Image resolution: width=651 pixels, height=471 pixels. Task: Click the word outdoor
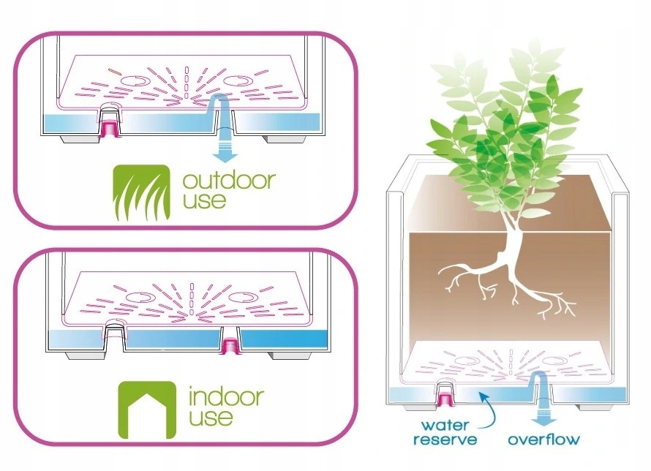228,180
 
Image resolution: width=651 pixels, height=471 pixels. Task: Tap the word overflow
543,440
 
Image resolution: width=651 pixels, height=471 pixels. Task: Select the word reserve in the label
445,440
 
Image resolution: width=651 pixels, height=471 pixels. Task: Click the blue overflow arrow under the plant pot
543,415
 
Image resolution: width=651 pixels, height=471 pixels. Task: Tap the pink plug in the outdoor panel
110,128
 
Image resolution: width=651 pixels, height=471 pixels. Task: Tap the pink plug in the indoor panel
230,343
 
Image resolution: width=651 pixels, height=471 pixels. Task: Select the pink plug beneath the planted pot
445,398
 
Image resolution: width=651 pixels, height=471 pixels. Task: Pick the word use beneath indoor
211,419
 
